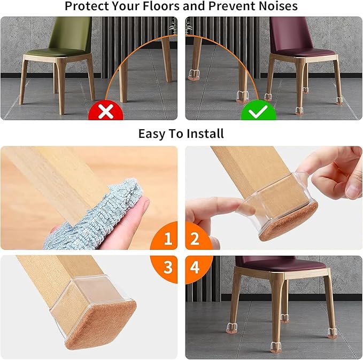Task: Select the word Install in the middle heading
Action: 204,133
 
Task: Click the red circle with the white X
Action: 106,112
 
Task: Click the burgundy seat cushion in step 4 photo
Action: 281,264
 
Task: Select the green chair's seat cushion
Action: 56,52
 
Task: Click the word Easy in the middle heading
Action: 152,133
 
